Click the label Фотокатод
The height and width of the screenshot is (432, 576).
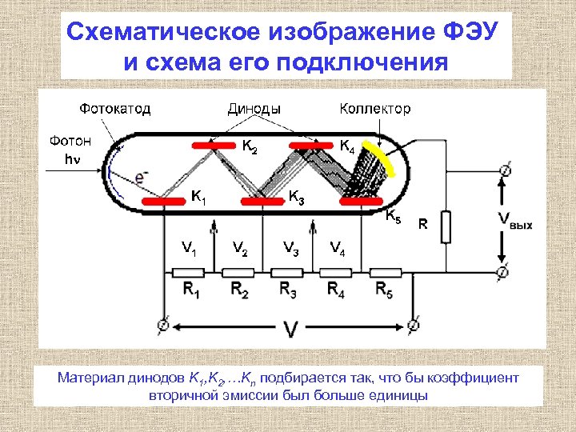coord(114,108)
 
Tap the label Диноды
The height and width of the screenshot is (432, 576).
coord(254,108)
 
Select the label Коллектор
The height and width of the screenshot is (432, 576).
coord(374,108)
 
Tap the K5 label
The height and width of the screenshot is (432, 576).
coord(394,215)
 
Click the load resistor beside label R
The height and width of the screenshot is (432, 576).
coord(446,226)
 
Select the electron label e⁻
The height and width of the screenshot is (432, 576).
coord(140,177)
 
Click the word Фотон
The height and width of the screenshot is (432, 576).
coord(70,141)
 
